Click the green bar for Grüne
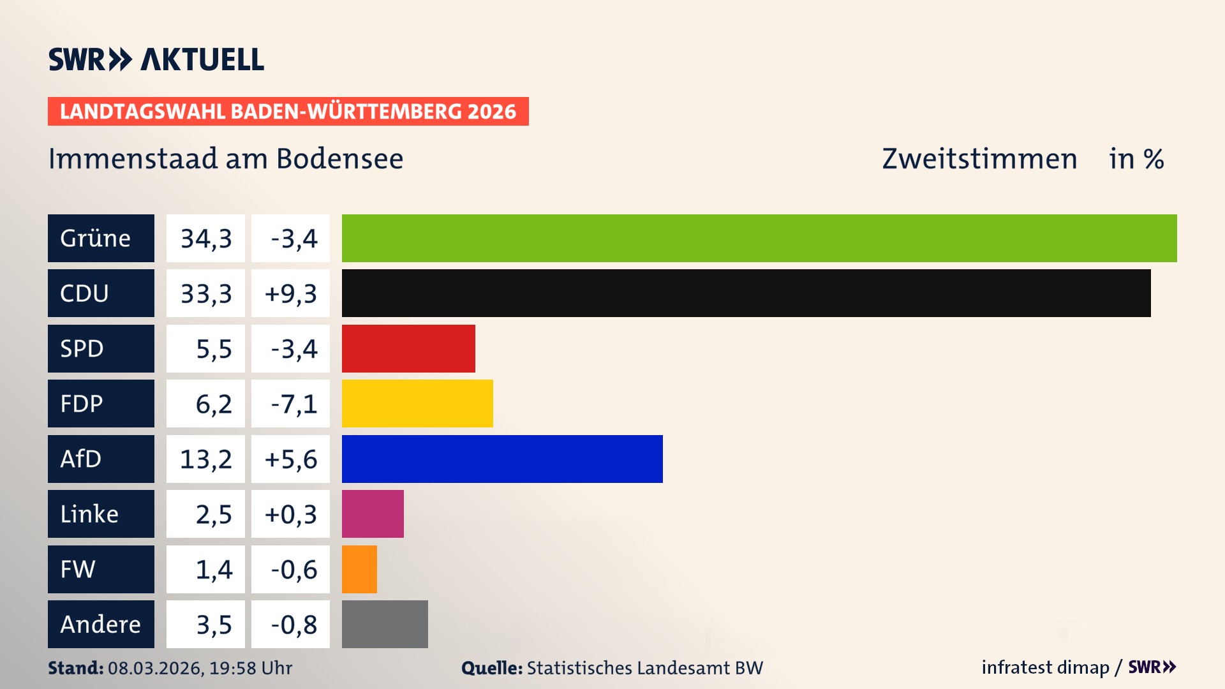[759, 238]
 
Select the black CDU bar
[746, 293]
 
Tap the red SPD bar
[408, 348]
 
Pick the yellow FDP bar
[417, 403]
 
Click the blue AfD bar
[502, 459]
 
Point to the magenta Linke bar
[373, 514]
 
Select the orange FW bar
[359, 569]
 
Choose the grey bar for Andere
[385, 624]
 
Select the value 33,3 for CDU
[205, 293]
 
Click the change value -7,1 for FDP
[293, 404]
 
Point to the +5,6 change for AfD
[291, 459]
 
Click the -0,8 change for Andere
[293, 625]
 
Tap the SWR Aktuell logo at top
[156, 59]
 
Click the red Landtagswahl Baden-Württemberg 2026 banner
[288, 111]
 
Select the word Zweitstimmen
[979, 159]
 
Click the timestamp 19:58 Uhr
[251, 668]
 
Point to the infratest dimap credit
[1045, 667]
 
